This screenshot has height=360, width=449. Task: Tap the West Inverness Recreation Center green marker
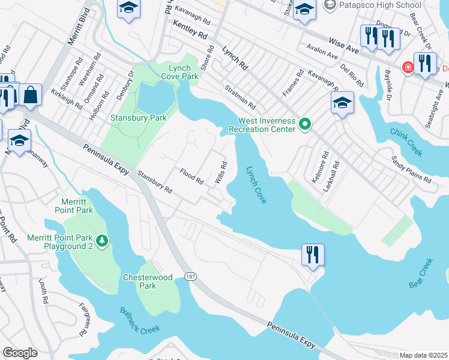click(x=305, y=125)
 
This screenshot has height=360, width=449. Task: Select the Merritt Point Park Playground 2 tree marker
click(x=103, y=241)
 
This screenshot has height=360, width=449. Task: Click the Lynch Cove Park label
click(x=179, y=72)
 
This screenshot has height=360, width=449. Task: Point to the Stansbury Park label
click(x=138, y=118)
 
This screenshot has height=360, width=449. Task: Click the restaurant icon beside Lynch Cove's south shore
click(x=313, y=254)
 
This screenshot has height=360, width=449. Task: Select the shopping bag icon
click(x=29, y=94)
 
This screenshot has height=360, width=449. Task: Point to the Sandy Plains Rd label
click(x=411, y=170)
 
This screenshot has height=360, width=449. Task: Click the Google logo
click(x=20, y=353)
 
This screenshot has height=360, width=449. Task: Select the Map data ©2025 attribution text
click(x=423, y=355)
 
